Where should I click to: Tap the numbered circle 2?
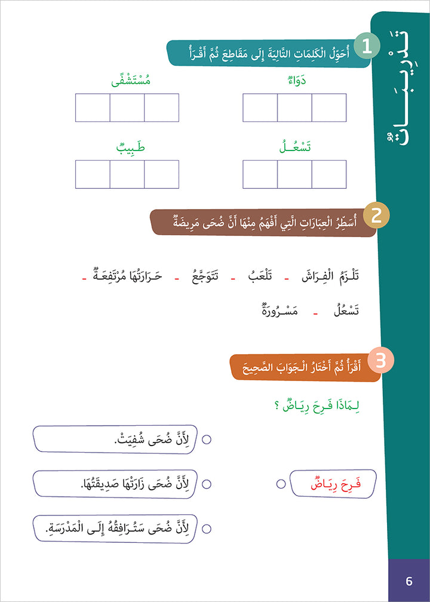click(377, 216)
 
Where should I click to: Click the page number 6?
click(409, 580)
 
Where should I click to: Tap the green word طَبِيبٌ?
click(127, 148)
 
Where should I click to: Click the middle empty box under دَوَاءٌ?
click(295, 107)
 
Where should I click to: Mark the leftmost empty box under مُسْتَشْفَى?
click(93, 107)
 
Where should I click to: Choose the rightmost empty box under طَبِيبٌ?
click(162, 174)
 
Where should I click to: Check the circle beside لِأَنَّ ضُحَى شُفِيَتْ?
click(207, 440)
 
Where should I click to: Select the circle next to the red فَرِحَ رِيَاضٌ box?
click(281, 484)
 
